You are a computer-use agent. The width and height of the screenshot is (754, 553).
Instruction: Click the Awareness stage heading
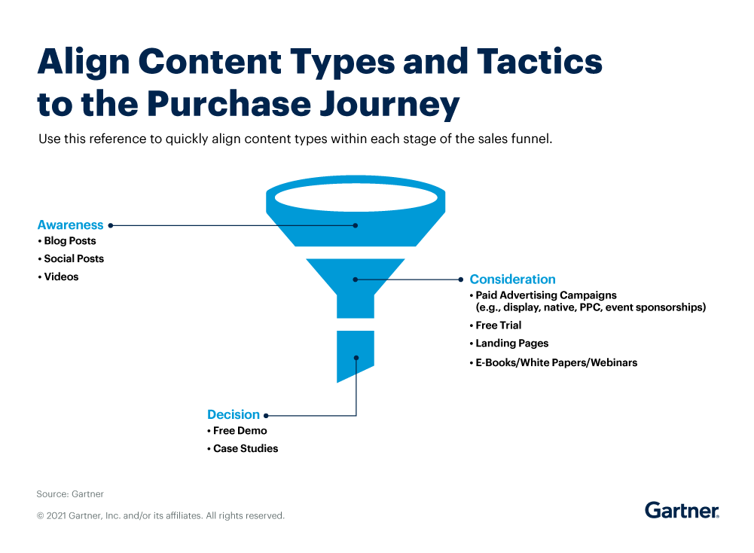pos(70,225)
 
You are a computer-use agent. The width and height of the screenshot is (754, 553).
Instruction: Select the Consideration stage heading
pos(512,279)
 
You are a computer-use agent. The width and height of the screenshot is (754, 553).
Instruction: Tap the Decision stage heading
pos(234,414)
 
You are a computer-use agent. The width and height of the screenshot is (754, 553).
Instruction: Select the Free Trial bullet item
pos(498,325)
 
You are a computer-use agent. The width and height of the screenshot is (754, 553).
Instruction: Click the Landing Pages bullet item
pos(511,344)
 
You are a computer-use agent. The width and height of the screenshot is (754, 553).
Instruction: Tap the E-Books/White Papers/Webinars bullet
pos(556,362)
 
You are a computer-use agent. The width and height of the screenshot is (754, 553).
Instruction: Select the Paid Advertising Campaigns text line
pos(546,295)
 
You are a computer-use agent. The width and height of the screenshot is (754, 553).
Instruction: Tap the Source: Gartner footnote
pos(70,494)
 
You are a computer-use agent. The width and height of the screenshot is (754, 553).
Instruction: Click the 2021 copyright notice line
pos(160,516)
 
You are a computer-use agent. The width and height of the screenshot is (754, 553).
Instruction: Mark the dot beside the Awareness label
pos(111,225)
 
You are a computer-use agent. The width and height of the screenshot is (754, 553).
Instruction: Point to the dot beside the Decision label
pos(266,415)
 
